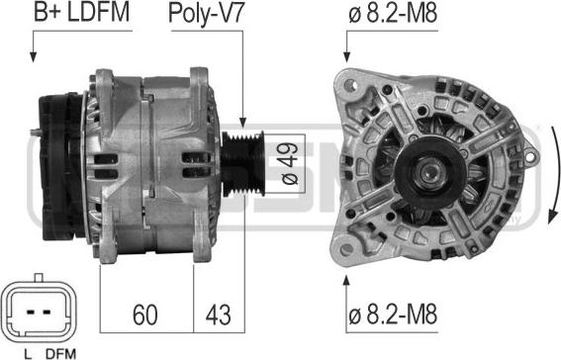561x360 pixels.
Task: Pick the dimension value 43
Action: [x=218, y=315]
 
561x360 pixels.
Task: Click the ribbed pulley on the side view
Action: [x=239, y=152]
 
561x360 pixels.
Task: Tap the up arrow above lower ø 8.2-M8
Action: [x=346, y=287]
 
